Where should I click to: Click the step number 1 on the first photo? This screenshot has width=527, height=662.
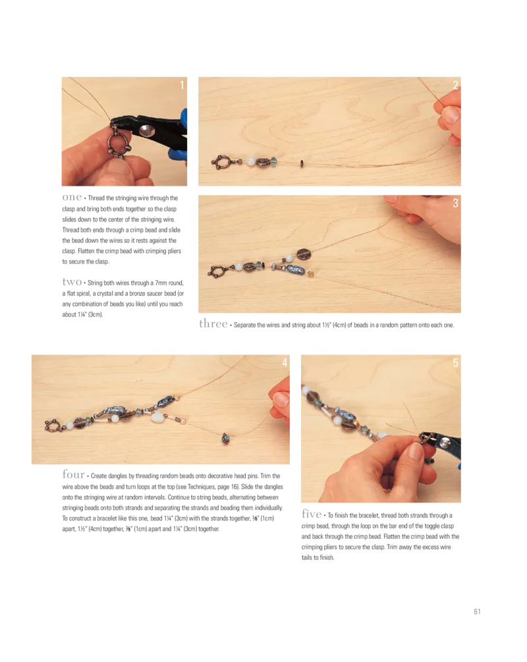pos(182,85)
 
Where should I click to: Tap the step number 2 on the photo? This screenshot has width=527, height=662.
pos(455,85)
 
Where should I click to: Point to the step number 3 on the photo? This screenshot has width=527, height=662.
pos(455,203)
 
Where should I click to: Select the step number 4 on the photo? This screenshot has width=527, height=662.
pos(285,363)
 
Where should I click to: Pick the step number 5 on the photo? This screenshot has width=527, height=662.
pos(455,363)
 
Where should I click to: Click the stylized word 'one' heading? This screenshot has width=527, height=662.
pos(72,197)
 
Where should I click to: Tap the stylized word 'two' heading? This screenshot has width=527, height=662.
pos(72,282)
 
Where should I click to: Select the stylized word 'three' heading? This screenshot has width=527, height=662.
pos(213,323)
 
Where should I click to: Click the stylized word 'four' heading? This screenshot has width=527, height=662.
pos(74,474)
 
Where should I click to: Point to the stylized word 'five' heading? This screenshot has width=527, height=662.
pos(312,514)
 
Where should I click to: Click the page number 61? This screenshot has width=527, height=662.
pos(477,611)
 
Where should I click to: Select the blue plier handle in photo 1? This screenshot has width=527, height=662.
pos(183,135)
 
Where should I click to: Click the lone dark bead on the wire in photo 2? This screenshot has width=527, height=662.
pos(302,163)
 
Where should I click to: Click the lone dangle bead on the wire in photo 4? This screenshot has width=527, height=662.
pos(225,439)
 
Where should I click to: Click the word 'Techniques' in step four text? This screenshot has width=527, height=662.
pos(202,487)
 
